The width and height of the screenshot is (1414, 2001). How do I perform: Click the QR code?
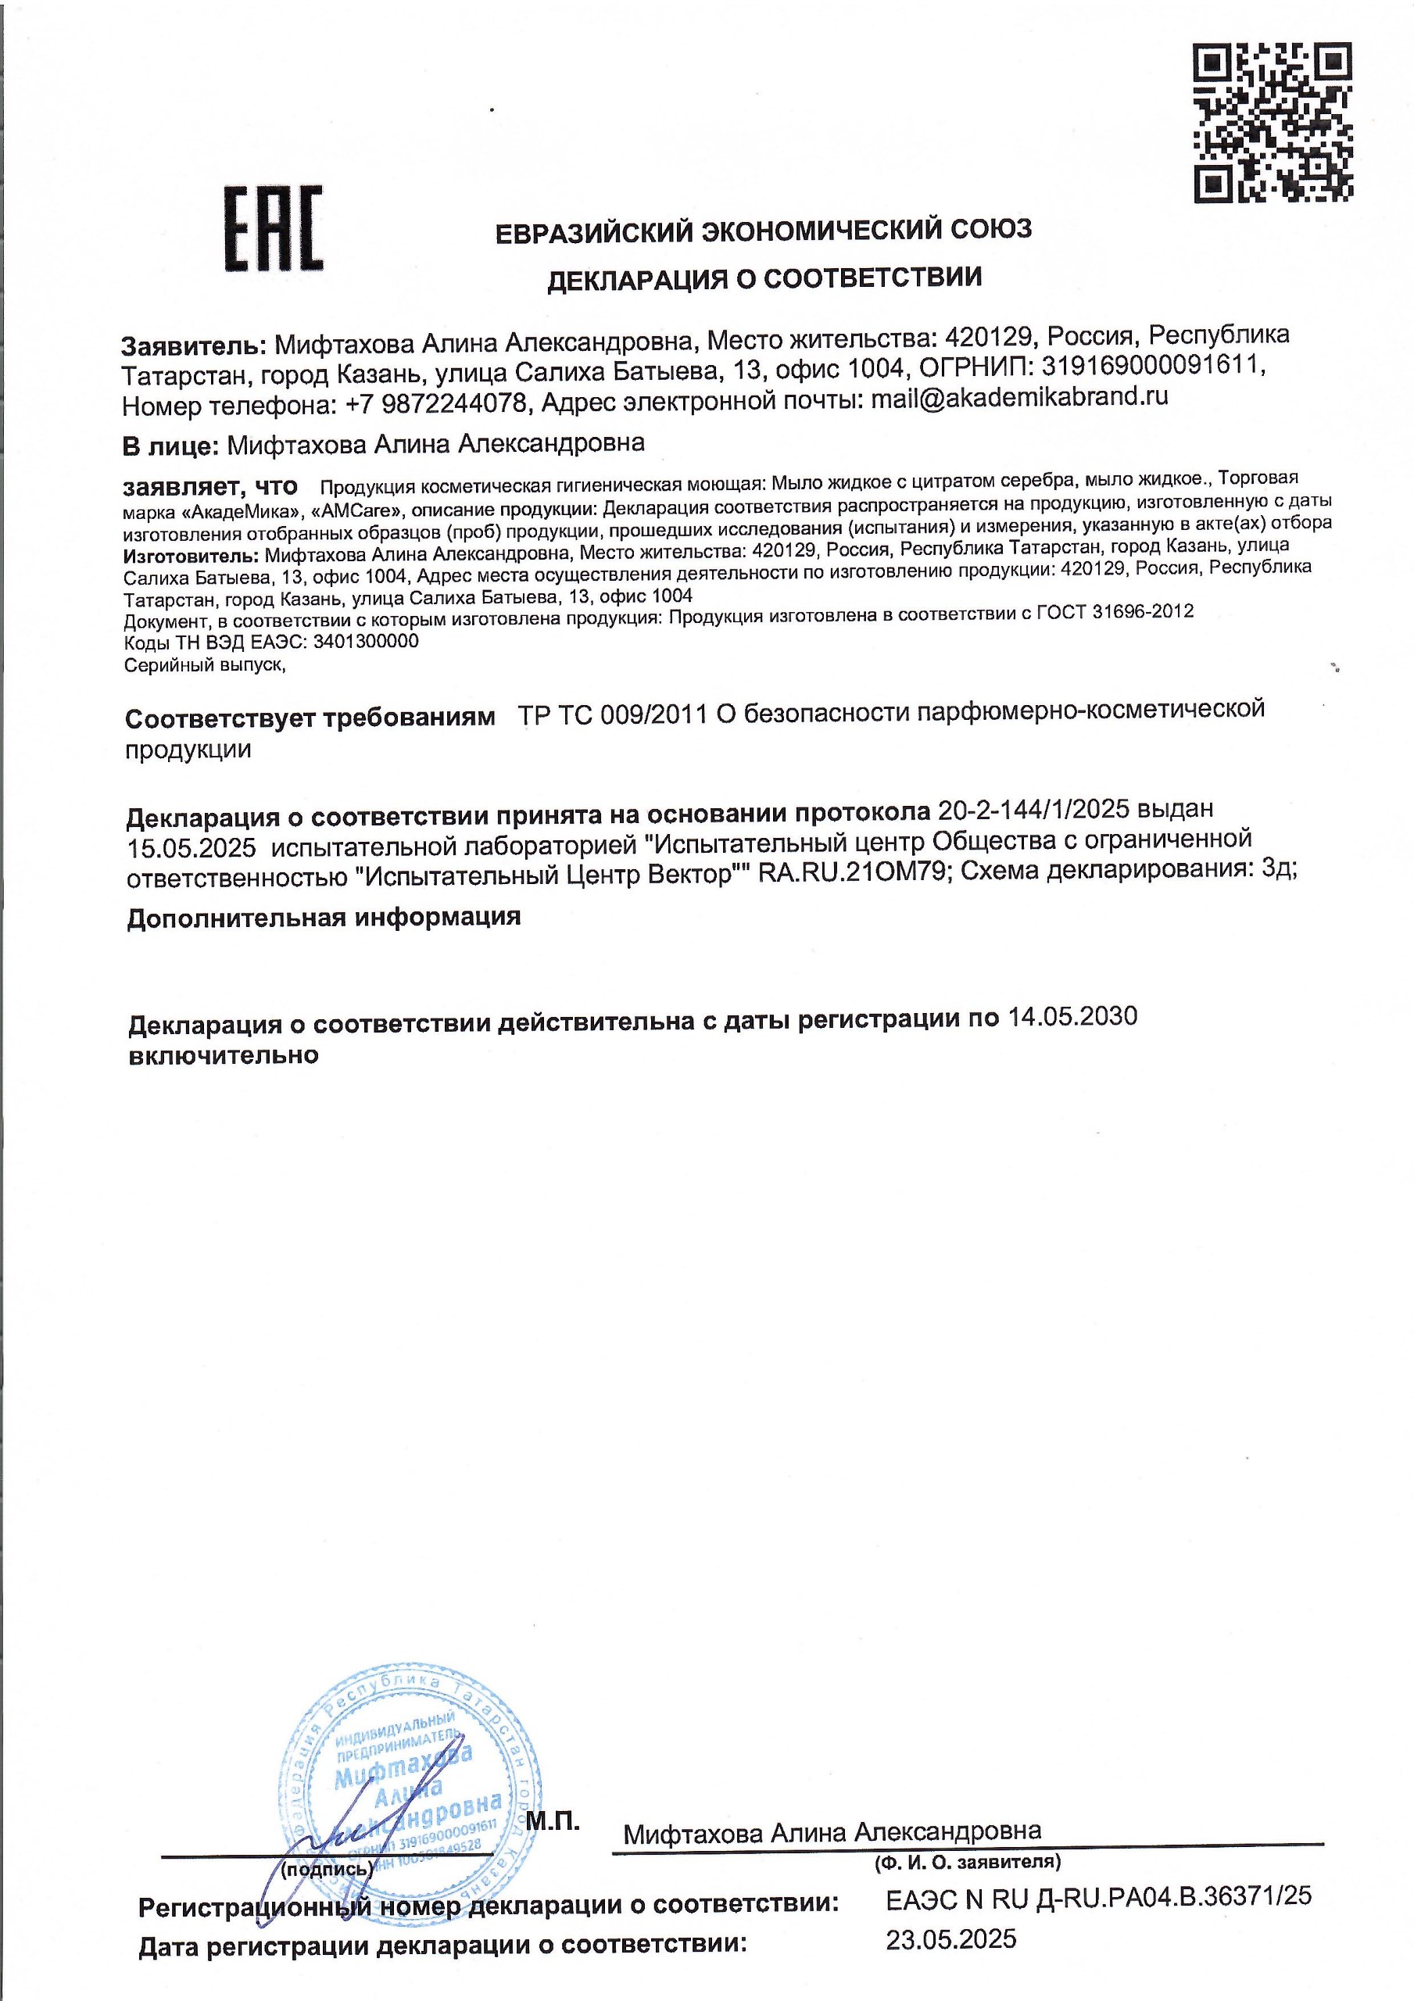(1272, 122)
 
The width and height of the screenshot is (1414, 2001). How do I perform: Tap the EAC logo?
(274, 228)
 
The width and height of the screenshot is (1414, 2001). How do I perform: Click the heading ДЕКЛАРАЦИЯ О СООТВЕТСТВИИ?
(764, 279)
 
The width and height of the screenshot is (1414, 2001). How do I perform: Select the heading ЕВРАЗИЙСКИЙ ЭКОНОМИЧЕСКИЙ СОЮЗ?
(763, 231)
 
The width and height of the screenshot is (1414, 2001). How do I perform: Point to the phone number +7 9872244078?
(436, 403)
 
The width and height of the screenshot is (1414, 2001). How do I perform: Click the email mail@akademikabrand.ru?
(1019, 397)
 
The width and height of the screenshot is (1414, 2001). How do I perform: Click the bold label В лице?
(169, 446)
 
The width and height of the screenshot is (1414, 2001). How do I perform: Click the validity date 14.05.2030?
(1072, 1016)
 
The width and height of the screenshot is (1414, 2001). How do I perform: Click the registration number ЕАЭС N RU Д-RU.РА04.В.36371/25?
(1098, 1897)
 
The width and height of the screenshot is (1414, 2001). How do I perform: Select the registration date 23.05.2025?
(951, 1938)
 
